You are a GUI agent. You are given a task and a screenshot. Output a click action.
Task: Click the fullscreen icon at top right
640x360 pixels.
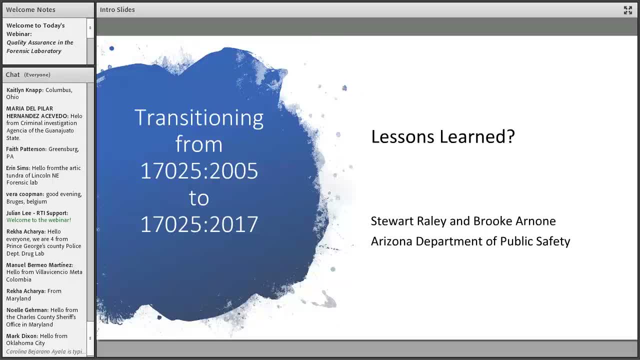pyautogui.click(x=628, y=10)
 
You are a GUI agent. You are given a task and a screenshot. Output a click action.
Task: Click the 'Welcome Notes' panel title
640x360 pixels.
pyautogui.click(x=30, y=9)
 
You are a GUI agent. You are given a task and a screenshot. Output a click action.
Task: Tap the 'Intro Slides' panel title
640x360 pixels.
pyautogui.click(x=117, y=9)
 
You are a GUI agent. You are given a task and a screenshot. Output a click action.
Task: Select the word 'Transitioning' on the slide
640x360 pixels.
pyautogui.click(x=199, y=118)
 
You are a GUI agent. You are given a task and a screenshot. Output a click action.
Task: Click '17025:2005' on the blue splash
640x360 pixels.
pyautogui.click(x=199, y=171)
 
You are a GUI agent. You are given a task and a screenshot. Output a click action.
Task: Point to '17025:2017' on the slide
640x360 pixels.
pyautogui.click(x=199, y=224)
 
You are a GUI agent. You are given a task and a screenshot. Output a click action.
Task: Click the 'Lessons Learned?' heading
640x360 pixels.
pyautogui.click(x=442, y=136)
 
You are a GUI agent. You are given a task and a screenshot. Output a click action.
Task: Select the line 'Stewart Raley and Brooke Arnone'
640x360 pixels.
pyautogui.click(x=463, y=221)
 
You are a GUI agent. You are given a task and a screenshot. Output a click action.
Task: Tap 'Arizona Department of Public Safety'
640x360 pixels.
pyautogui.click(x=470, y=241)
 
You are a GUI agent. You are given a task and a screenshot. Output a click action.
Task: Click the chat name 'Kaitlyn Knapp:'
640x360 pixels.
pyautogui.click(x=25, y=90)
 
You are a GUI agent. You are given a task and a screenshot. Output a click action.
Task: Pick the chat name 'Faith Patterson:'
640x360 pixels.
pyautogui.click(x=26, y=149)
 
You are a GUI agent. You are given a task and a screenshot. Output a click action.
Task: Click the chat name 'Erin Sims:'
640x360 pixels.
pyautogui.click(x=18, y=168)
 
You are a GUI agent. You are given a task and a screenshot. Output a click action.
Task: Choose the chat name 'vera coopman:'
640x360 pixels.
pyautogui.click(x=25, y=194)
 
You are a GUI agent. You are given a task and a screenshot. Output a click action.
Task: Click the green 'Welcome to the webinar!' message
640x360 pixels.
pyautogui.click(x=38, y=220)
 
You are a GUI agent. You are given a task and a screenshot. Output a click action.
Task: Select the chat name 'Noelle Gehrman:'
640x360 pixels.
pyautogui.click(x=27, y=310)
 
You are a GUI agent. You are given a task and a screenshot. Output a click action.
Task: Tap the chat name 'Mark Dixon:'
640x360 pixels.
pyautogui.click(x=22, y=336)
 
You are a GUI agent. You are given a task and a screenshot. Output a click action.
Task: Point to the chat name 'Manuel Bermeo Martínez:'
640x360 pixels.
pyautogui.click(x=39, y=265)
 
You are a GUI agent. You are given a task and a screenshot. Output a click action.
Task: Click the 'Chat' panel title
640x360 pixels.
pyautogui.click(x=12, y=74)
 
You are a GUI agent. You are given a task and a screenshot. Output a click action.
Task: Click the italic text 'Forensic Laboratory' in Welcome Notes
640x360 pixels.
pyautogui.click(x=33, y=51)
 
